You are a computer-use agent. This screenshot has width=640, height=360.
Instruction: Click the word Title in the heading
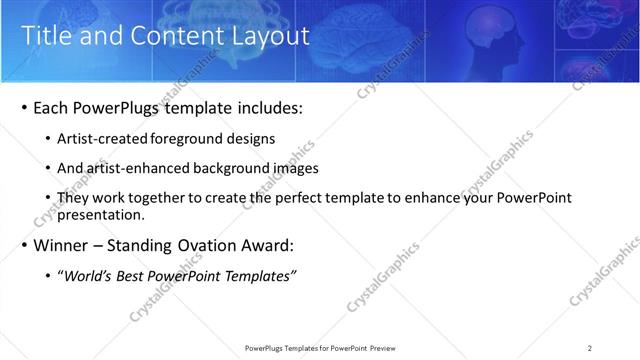pyautogui.click(x=46, y=36)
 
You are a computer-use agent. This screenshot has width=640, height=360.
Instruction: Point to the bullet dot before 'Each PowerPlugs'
pyautogui.click(x=24, y=108)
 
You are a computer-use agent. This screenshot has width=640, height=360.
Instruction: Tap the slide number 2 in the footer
pyautogui.click(x=590, y=348)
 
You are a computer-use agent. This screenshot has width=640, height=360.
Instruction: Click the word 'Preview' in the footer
pyautogui.click(x=389, y=348)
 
